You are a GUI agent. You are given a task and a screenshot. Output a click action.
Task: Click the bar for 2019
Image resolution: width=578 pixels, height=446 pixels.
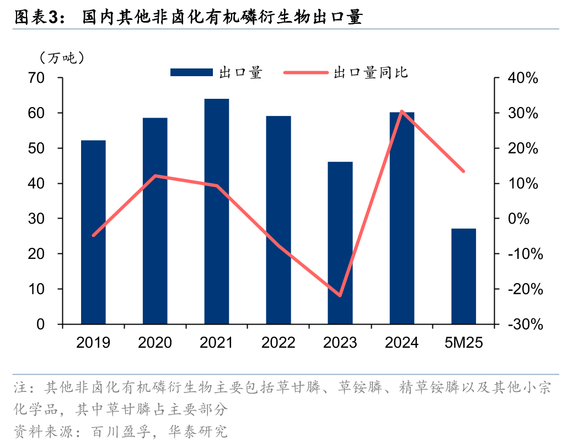tap(93, 232)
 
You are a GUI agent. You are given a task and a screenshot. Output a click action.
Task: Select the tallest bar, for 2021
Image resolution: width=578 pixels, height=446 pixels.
tap(217, 211)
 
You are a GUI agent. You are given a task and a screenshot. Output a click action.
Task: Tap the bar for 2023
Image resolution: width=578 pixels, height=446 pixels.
tap(340, 243)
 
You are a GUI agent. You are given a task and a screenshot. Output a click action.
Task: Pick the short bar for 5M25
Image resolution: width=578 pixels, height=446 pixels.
tap(463, 276)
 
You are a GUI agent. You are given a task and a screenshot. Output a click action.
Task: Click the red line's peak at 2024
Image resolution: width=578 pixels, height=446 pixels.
tap(402, 112)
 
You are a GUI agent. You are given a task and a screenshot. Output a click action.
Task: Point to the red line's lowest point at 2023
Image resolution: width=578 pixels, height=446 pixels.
tap(340, 295)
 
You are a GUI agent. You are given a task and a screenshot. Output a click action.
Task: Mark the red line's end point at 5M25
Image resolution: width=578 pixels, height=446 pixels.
tap(463, 171)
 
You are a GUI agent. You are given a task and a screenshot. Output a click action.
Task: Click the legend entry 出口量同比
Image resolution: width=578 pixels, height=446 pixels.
tap(370, 72)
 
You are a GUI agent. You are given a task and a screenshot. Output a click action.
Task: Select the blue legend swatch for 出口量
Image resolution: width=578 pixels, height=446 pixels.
tap(191, 72)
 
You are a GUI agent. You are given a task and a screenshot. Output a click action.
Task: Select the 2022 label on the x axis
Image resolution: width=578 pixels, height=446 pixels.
tap(279, 343)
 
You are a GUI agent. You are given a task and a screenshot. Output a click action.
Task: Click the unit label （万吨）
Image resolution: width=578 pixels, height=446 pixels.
tap(61, 57)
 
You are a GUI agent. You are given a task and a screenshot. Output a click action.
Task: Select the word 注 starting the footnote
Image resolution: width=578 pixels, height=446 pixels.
tap(20, 388)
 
